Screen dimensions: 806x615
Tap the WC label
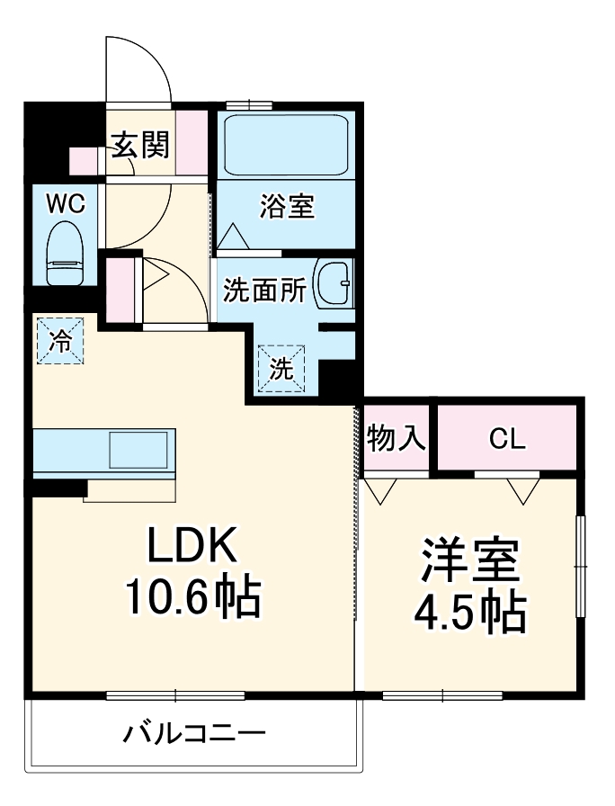(66, 204)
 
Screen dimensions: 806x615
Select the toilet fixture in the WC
(64, 255)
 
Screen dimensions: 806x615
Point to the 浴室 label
(287, 207)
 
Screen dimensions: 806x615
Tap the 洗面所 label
(264, 291)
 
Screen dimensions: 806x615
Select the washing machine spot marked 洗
(282, 369)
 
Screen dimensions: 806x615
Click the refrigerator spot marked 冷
(60, 340)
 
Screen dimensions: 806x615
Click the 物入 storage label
(396, 439)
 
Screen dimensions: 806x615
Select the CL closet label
(507, 440)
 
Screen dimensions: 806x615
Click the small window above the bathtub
(249, 104)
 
